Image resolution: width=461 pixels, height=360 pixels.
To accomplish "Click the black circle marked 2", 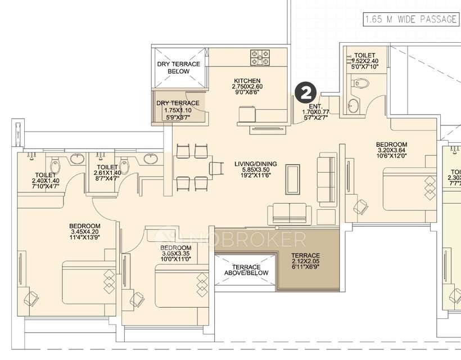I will pyautogui.click(x=306, y=92).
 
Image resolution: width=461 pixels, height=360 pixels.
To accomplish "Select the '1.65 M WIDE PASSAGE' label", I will pyautogui.click(x=410, y=20).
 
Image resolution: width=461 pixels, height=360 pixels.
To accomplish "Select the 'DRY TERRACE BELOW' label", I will pyautogui.click(x=178, y=68).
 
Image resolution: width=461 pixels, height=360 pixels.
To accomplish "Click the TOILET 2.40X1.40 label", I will pyautogui.click(x=46, y=179).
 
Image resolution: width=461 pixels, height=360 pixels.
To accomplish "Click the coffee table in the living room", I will pyautogui.click(x=293, y=178).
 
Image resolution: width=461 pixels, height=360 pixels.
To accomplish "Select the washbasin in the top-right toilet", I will pyautogui.click(x=353, y=105).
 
